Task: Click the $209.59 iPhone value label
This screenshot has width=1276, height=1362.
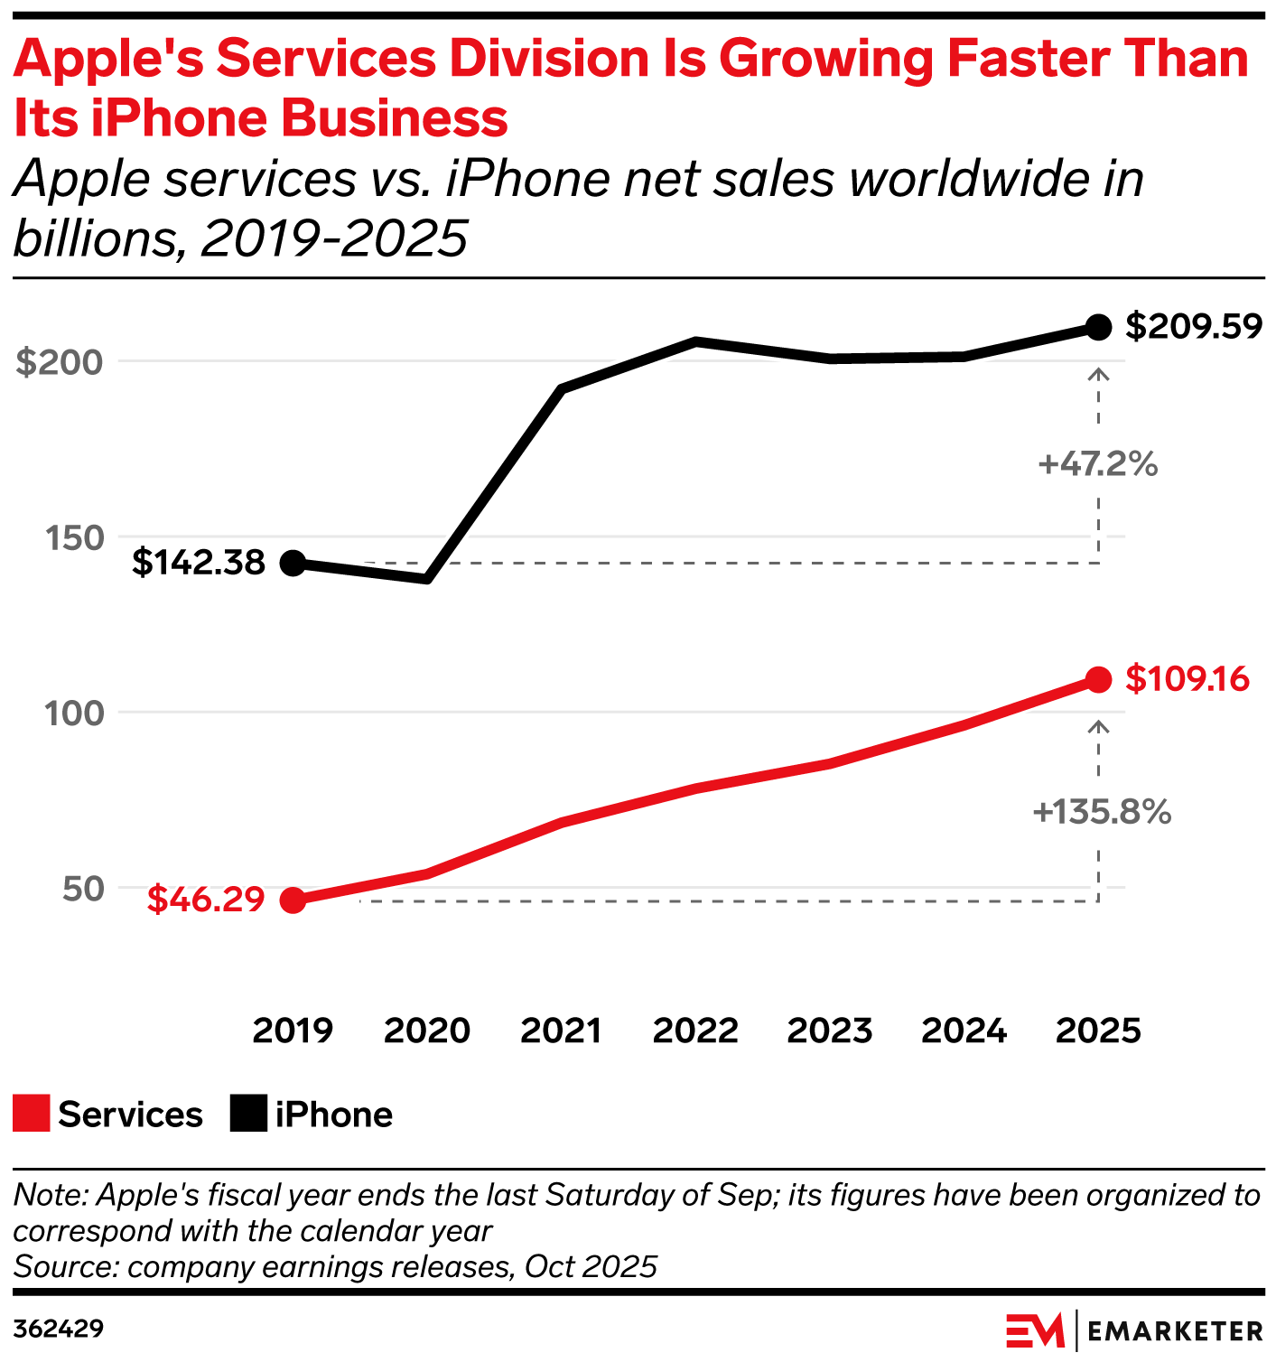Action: (x=1193, y=327)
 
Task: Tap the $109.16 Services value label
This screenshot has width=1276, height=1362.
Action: (x=1187, y=679)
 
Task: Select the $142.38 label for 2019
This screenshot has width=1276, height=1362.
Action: (x=199, y=563)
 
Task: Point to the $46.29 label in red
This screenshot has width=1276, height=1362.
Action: (x=206, y=900)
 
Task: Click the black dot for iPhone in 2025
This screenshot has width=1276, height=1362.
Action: (x=1098, y=327)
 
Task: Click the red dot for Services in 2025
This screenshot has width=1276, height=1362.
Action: (x=1098, y=679)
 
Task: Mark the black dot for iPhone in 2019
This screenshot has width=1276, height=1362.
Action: (x=293, y=563)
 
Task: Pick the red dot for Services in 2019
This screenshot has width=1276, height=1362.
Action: (x=293, y=900)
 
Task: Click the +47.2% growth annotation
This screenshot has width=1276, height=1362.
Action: (x=1097, y=464)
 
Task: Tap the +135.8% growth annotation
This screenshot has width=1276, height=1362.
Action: (x=1102, y=812)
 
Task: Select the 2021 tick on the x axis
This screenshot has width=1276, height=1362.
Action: (x=561, y=1031)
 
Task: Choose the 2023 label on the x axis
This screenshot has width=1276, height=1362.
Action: (x=829, y=1031)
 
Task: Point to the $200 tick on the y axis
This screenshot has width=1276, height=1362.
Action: (x=60, y=362)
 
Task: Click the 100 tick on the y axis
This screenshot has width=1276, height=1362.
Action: (x=74, y=713)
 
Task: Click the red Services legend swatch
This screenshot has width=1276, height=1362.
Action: (x=32, y=1114)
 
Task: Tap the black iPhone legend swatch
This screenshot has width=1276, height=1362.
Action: (x=248, y=1114)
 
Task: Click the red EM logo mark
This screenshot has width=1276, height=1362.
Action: (x=1035, y=1330)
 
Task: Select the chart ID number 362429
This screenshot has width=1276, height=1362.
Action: (x=59, y=1329)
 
